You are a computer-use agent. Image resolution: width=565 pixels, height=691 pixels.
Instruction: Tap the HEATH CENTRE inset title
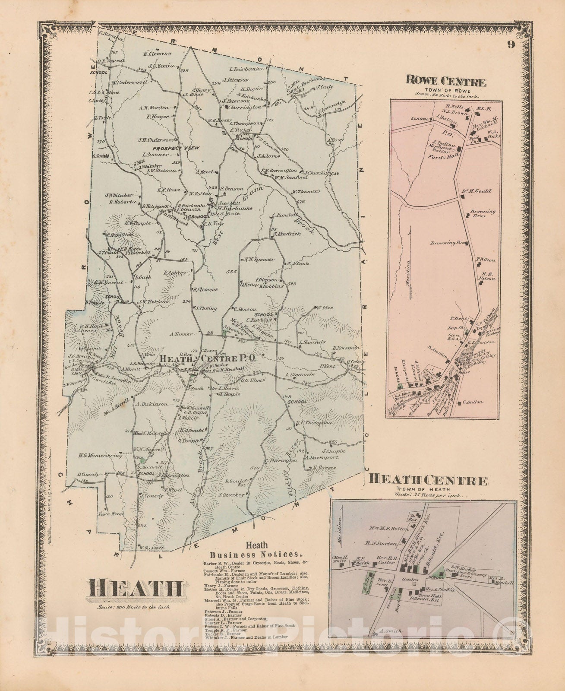tap(429, 480)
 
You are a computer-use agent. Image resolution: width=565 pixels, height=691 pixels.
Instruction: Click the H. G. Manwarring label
tap(97, 455)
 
